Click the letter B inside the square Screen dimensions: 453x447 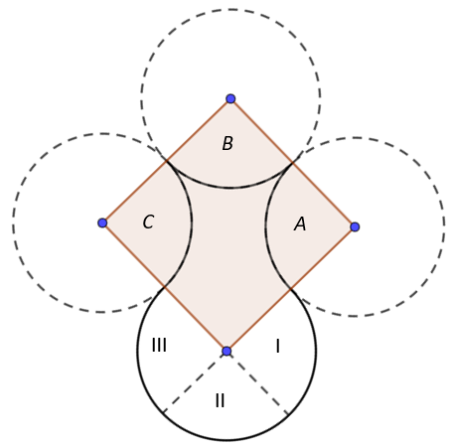coord(227,144)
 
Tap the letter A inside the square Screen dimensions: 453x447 coord(300,223)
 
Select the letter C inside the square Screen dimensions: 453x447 coord(148,222)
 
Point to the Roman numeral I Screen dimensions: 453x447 coord(278,347)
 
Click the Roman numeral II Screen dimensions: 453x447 coord(220,400)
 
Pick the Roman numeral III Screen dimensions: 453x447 coord(159,345)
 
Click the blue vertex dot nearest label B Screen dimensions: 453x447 coord(230,98)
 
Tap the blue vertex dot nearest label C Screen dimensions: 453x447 coord(102,223)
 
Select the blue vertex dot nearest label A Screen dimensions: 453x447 coord(355,226)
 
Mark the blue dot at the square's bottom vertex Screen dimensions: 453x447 coord(226,352)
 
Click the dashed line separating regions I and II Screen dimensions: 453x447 coord(258,383)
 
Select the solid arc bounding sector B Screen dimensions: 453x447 coord(229,188)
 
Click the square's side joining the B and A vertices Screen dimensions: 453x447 coord(293,163)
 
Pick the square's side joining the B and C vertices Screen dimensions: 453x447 coord(167,161)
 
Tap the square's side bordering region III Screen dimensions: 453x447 coord(165,287)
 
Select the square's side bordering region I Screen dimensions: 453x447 coord(291,289)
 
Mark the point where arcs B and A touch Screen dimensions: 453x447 coord(292,163)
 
